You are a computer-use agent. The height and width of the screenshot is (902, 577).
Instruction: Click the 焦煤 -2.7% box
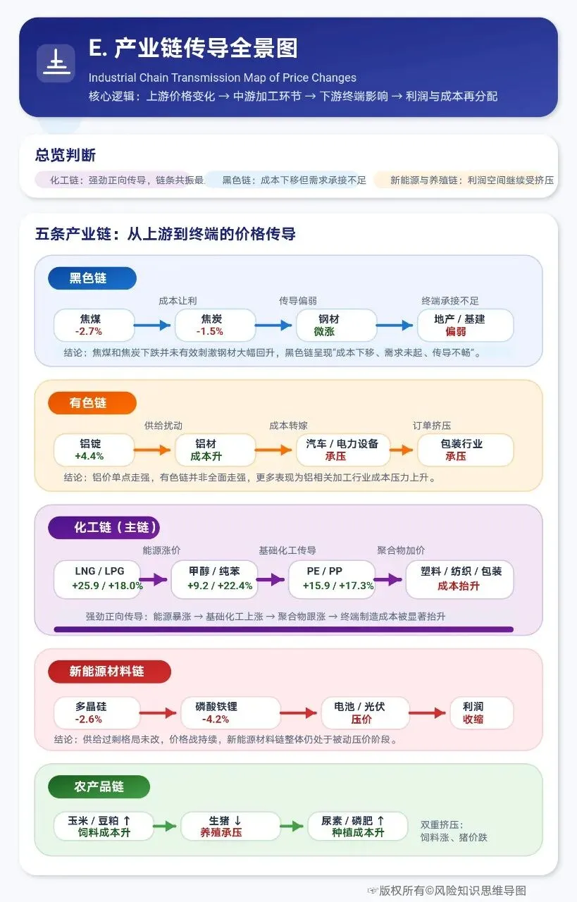tap(94, 325)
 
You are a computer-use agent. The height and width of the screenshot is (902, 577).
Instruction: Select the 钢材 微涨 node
tap(328, 325)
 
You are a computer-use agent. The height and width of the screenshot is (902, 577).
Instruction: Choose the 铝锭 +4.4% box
tap(94, 450)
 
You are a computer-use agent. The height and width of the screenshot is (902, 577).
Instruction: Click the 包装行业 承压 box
tap(465, 450)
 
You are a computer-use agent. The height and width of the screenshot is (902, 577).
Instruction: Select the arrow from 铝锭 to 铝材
tap(154, 450)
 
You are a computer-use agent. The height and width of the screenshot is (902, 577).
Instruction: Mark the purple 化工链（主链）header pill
tap(104, 528)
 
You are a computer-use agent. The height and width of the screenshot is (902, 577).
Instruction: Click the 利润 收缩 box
tap(482, 712)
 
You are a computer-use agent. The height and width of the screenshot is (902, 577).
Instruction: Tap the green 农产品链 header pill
tap(99, 786)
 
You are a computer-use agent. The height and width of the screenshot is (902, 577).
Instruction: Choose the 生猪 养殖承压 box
tap(225, 826)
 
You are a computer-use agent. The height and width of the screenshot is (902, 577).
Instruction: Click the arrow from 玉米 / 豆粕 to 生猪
tap(164, 826)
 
